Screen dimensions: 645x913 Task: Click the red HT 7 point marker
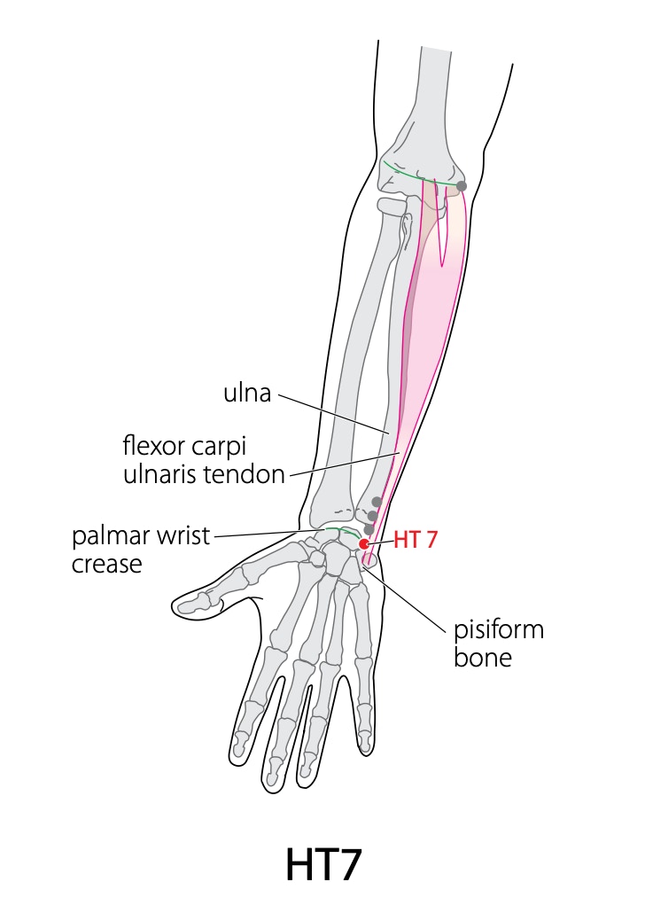364,544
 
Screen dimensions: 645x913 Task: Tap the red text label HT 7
415,540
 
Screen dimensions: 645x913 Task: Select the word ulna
247,393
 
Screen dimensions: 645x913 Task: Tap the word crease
107,565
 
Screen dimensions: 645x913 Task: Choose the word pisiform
499,630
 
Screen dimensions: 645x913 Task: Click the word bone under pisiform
483,658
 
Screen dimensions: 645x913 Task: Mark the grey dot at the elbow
462,186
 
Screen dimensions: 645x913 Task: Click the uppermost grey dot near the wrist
377,502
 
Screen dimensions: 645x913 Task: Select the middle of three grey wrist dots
373,516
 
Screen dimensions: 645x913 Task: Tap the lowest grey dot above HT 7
369,529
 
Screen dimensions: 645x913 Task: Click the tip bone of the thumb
191,605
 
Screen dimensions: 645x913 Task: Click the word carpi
220,448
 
